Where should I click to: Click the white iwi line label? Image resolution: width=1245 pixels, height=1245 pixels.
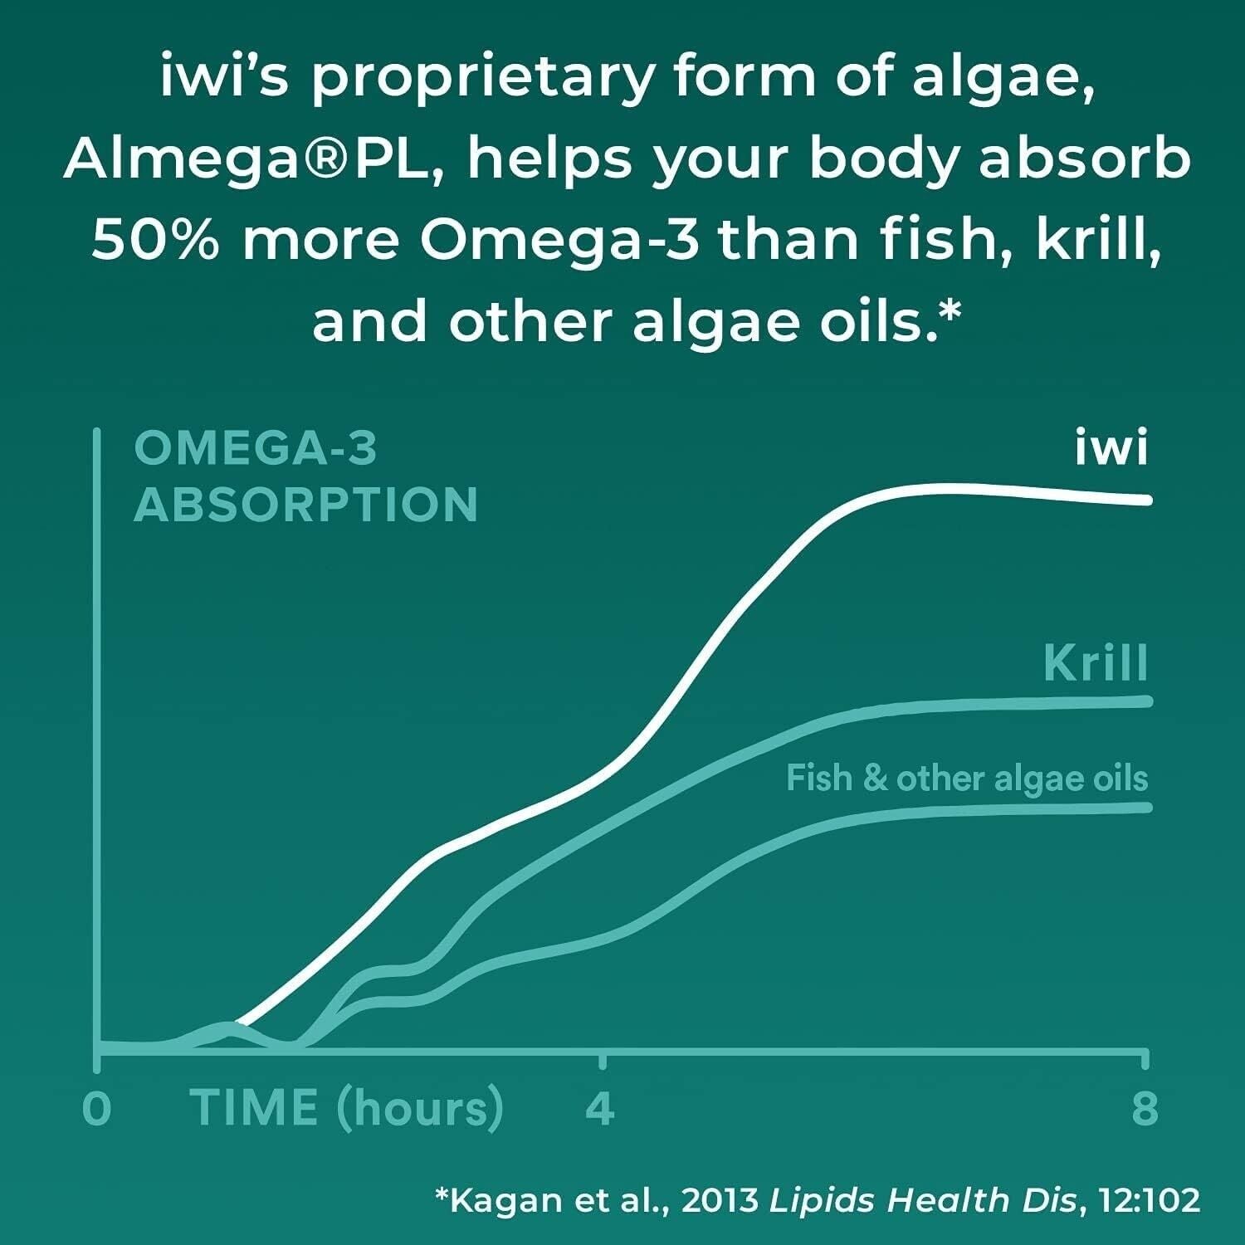[1111, 448]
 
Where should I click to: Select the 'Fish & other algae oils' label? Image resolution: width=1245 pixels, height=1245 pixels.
[967, 779]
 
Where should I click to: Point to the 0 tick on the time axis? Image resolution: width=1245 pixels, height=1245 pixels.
[97, 1108]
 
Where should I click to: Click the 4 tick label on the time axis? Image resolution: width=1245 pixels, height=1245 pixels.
[600, 1108]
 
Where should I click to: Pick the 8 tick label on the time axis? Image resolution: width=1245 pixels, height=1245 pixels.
[1145, 1108]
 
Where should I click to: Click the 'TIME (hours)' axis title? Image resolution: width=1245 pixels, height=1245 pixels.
[347, 1108]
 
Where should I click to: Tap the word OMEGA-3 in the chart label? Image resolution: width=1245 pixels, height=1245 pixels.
[256, 448]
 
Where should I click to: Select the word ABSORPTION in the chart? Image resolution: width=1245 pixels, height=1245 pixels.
[305, 505]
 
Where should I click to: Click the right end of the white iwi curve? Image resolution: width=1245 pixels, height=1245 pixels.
[1148, 500]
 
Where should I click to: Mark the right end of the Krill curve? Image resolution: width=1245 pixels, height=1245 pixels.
[1148, 701]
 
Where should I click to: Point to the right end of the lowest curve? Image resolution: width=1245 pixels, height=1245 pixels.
[1148, 808]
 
